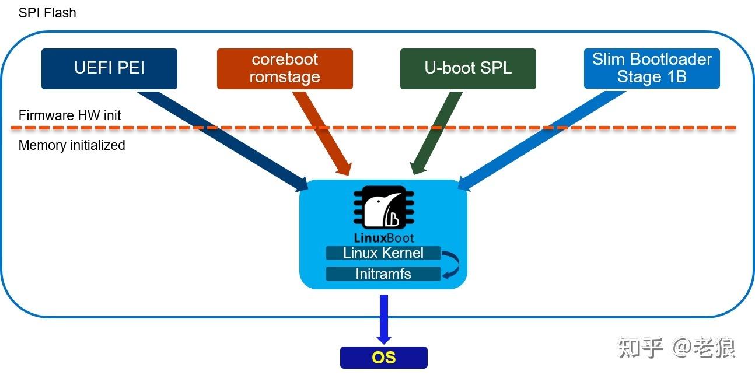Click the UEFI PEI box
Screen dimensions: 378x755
[x=109, y=68]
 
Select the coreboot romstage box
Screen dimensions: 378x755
[x=285, y=68]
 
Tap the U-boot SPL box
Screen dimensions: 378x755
[x=468, y=68]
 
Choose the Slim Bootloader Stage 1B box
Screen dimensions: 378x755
[x=652, y=68]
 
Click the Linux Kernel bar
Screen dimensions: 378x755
[x=383, y=253]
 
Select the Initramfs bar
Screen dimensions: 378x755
[x=383, y=274]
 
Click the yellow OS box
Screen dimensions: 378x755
[x=383, y=357]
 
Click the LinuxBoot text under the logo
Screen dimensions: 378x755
[x=384, y=237]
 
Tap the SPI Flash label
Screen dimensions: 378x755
[x=47, y=13]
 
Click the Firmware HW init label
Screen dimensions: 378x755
[x=69, y=116]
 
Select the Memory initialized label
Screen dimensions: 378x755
[x=72, y=145]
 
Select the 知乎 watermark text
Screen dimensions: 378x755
[x=641, y=348]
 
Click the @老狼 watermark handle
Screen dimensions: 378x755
[x=704, y=348]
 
